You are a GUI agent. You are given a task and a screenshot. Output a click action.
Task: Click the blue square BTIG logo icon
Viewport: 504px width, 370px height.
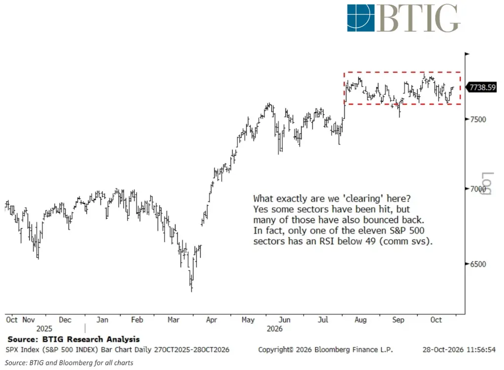pyautogui.click(x=361, y=18)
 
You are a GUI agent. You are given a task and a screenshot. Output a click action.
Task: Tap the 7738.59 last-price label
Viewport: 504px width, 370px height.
pyautogui.click(x=482, y=87)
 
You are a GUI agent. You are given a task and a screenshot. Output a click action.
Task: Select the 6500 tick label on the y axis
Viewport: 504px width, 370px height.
pyautogui.click(x=478, y=264)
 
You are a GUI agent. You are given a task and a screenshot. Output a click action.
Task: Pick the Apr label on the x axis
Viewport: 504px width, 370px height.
pyautogui.click(x=212, y=320)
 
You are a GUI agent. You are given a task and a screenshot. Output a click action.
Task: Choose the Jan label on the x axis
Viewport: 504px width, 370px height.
pyautogui.click(x=102, y=320)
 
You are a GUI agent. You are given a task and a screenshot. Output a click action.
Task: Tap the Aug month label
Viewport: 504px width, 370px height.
pyautogui.click(x=361, y=320)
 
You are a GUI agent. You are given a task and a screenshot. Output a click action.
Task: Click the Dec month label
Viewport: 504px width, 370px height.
pyautogui.click(x=65, y=320)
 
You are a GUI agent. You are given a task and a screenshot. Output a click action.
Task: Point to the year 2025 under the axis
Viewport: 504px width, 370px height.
pyautogui.click(x=44, y=329)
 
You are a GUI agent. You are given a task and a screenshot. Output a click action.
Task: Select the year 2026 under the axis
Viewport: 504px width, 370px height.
pyautogui.click(x=275, y=329)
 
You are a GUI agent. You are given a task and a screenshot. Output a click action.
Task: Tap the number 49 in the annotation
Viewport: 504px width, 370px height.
pyautogui.click(x=371, y=241)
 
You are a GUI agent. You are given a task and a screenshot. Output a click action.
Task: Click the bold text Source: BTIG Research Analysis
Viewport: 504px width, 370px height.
pyautogui.click(x=74, y=339)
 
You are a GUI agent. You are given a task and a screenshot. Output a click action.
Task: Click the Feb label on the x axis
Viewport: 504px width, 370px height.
pyautogui.click(x=137, y=320)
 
